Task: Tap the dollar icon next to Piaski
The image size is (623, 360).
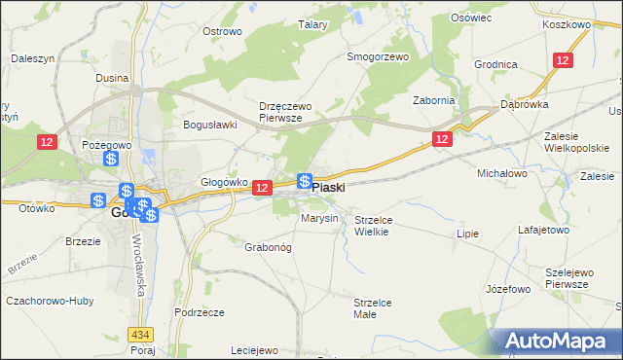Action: (304, 181)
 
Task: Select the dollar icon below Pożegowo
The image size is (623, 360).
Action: (112, 158)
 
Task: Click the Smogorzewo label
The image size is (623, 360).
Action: (379, 56)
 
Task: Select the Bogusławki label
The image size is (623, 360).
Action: (211, 125)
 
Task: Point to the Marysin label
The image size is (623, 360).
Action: (319, 218)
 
